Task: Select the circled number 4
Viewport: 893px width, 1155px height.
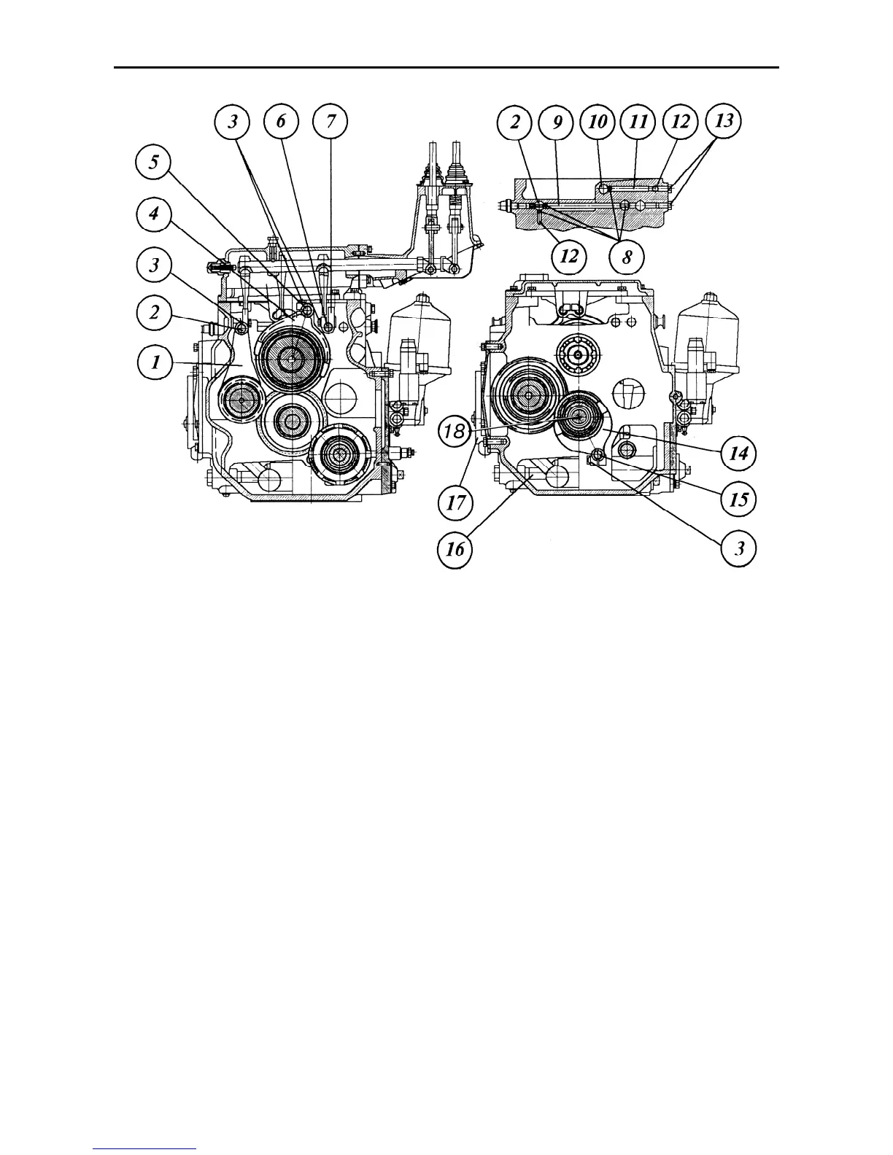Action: tap(154, 215)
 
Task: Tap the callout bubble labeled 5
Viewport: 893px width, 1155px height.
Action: tap(153, 163)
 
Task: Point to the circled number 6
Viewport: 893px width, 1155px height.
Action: tap(282, 122)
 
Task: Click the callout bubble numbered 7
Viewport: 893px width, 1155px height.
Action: tap(330, 122)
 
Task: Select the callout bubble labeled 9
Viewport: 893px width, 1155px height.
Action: tap(556, 122)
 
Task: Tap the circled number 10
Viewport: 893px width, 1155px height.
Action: tap(597, 122)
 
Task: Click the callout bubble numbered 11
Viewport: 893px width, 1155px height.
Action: tap(638, 122)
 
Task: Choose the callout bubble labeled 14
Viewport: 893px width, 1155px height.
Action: tap(738, 454)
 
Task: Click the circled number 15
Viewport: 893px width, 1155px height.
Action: tap(738, 499)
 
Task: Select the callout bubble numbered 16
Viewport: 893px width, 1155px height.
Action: tap(455, 548)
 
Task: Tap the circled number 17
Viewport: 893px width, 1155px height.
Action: tap(455, 502)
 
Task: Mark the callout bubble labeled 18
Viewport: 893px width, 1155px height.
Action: tap(454, 432)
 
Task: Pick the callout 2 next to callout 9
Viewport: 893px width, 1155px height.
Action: tap(515, 122)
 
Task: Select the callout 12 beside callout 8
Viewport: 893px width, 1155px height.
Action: tap(569, 257)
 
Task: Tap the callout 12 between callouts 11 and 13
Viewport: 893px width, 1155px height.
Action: tap(680, 122)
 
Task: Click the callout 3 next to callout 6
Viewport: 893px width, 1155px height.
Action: tap(233, 122)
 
